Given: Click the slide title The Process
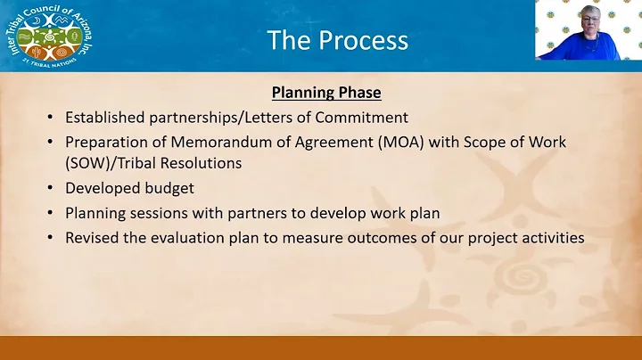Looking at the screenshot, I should [338, 40].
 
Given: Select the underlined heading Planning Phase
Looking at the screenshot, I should [320, 93].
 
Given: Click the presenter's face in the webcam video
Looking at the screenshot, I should [591, 20].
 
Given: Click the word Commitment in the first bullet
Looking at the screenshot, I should [365, 117].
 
